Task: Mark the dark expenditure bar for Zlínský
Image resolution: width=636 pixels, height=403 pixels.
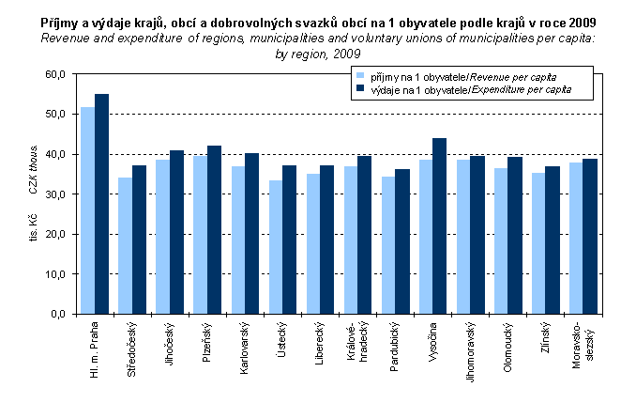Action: (552, 240)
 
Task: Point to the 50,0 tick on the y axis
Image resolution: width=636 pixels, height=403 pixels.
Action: (55, 114)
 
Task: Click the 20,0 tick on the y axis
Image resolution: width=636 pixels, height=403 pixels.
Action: (55, 234)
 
